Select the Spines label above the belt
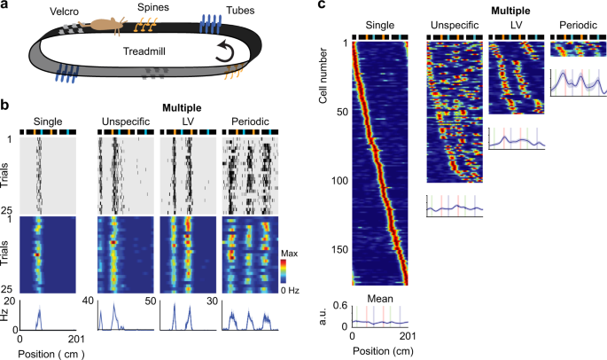coord(149,9)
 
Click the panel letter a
coord(5,6)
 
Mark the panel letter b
coord(5,105)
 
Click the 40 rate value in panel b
coord(90,302)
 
